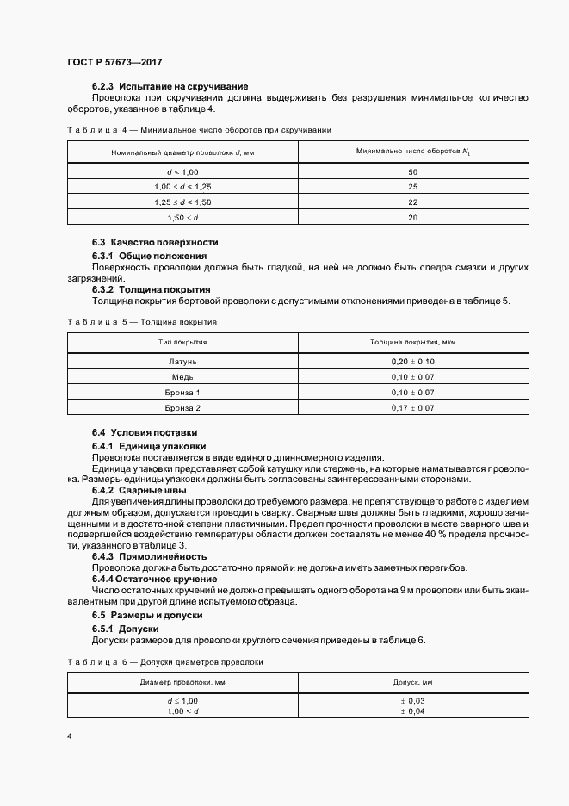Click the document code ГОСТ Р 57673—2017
point(114,63)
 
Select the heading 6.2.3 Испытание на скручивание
point(170,86)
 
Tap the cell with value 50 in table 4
point(412,171)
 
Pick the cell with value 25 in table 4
point(412,187)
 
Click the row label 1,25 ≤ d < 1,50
point(182,202)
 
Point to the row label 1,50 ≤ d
point(182,218)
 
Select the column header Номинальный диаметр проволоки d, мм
point(182,152)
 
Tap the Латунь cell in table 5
point(182,362)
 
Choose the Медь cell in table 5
point(182,377)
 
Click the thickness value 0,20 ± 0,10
point(412,362)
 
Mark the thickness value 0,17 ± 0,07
point(412,407)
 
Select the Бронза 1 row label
point(182,393)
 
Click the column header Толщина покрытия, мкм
point(412,342)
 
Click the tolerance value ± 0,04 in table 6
point(412,711)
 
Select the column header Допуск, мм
point(412,682)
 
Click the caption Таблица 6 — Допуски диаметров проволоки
point(164,661)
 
